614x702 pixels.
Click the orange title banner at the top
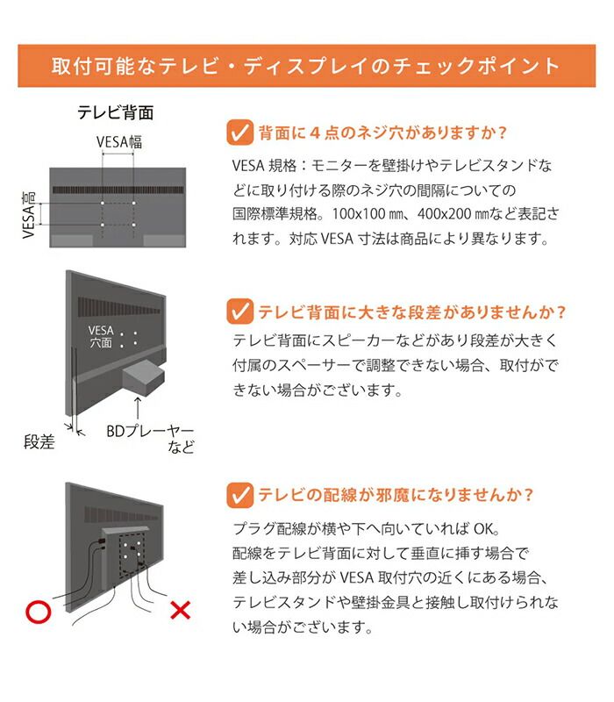[306, 66]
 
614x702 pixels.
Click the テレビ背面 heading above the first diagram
[115, 113]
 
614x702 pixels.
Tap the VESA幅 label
[118, 142]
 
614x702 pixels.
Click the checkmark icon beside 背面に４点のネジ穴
[239, 133]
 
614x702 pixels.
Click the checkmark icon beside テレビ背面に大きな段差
[239, 312]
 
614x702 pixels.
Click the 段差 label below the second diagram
[39, 442]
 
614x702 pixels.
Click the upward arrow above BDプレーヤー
[138, 409]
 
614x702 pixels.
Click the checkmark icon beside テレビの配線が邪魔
[239, 495]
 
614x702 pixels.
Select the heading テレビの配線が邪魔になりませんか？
[396, 495]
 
